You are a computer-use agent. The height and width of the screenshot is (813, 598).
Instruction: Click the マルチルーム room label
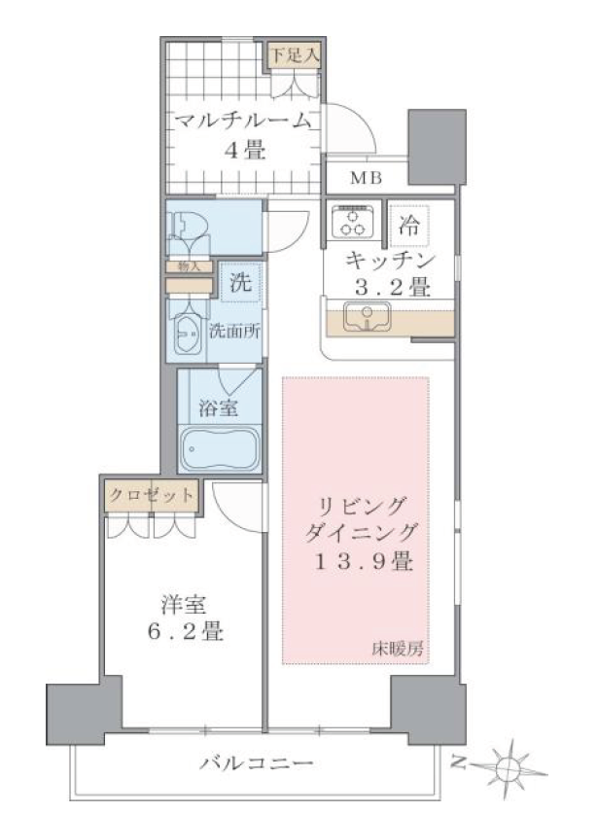[243, 121]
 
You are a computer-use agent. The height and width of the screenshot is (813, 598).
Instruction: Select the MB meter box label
[366, 178]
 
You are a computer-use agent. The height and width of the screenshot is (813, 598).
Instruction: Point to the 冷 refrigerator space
[410, 227]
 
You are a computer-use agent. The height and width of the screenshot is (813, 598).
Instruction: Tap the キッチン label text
[386, 261]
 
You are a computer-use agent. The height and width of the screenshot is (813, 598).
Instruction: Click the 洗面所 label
[235, 330]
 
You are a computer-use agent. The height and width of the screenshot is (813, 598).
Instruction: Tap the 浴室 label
[219, 409]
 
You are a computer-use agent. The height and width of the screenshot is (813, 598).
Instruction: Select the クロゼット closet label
[151, 494]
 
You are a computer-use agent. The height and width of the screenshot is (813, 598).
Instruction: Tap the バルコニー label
[256, 761]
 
